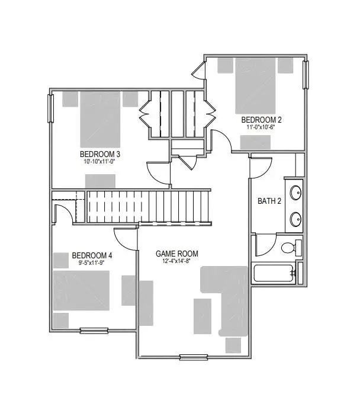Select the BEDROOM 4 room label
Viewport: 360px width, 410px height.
pos(92,256)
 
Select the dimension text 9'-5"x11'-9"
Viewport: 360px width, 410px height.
pos(92,263)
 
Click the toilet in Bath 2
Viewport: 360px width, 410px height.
pos(290,247)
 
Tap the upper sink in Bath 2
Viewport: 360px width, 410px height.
pos(294,193)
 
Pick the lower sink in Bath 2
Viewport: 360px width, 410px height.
pos(294,221)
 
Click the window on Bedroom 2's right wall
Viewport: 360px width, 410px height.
pos(306,74)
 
